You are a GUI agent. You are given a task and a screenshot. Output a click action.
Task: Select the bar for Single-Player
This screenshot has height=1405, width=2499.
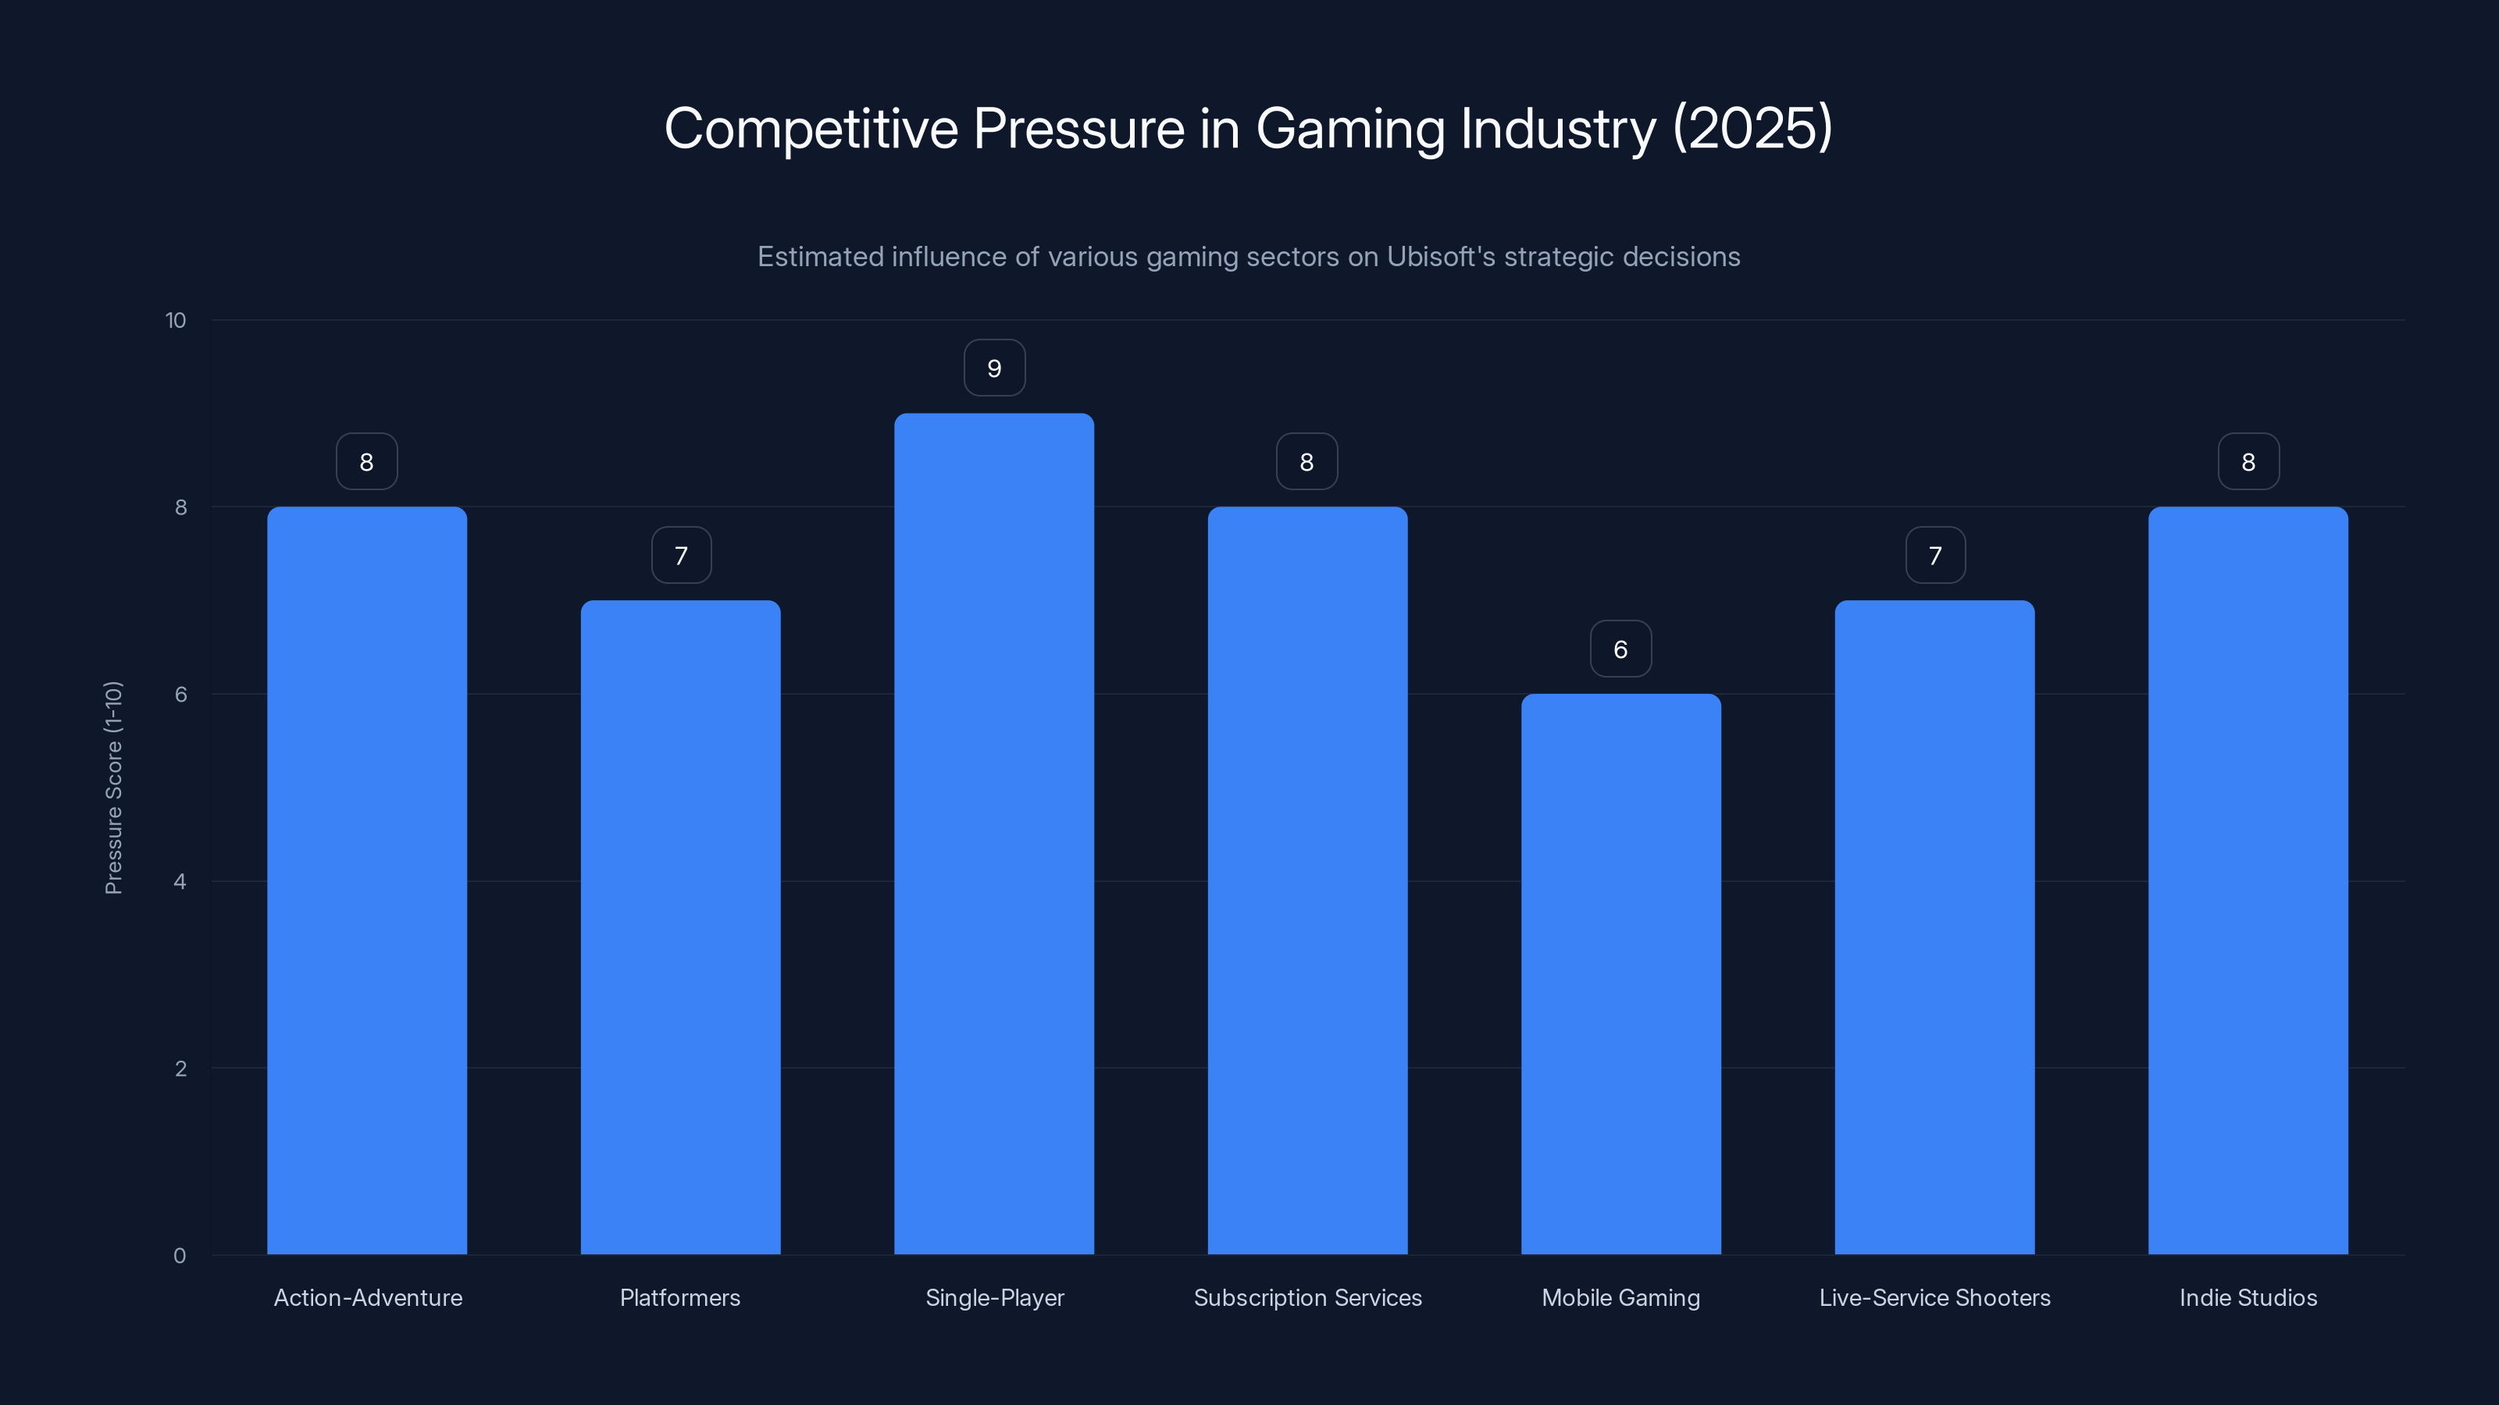tap(993, 834)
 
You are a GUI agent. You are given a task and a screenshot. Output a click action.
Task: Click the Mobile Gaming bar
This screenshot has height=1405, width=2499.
tap(1620, 973)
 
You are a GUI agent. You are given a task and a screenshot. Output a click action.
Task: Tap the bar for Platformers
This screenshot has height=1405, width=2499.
tap(680, 927)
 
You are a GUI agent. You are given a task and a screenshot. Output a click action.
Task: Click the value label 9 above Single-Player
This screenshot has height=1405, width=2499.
tap(993, 368)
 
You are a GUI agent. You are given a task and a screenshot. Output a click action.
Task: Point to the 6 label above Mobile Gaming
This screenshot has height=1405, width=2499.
tap(1620, 649)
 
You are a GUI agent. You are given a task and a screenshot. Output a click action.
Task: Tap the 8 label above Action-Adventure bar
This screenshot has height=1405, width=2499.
tap(367, 463)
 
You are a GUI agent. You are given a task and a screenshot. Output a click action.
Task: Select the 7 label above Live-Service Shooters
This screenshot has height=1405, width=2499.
tap(1934, 556)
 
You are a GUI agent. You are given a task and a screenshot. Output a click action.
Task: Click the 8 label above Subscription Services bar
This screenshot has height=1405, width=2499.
tap(1307, 463)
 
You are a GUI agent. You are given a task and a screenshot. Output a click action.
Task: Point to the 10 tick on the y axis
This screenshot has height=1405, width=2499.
tap(176, 321)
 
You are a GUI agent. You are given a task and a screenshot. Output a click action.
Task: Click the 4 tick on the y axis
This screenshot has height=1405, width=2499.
tap(180, 881)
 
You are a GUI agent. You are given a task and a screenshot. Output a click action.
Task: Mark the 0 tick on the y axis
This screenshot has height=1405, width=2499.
tap(180, 1256)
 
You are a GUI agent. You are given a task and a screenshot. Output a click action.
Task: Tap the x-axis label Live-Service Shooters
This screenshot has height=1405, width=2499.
tap(1934, 1297)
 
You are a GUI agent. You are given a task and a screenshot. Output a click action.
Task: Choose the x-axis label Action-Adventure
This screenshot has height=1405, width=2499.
tap(368, 1297)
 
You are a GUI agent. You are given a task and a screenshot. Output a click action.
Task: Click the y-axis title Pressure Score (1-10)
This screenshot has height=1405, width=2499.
tap(113, 788)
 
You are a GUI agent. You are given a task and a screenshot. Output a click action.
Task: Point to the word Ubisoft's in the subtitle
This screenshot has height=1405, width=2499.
tap(1439, 257)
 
